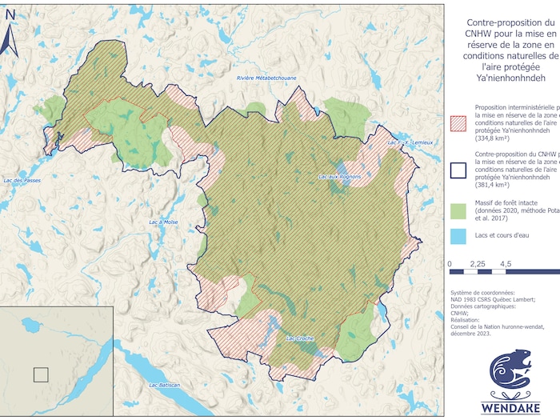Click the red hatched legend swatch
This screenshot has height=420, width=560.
point(460,122)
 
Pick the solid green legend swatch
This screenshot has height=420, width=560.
point(460,211)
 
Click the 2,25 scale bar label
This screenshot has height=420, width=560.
point(478,263)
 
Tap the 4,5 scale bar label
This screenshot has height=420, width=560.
point(506,263)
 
